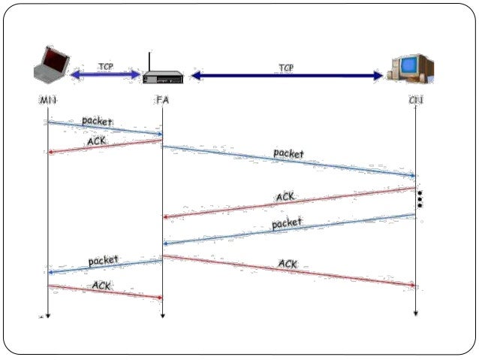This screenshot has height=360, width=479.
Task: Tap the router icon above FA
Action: [x=162, y=75]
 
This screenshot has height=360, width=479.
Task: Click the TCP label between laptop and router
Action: [x=106, y=66]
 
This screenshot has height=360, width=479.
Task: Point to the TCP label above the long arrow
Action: [x=286, y=68]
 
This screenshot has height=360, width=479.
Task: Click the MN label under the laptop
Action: [x=47, y=100]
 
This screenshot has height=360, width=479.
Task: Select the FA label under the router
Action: [x=162, y=100]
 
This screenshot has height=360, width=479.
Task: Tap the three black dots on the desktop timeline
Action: [x=420, y=199]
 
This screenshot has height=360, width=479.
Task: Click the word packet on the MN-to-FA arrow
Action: [x=97, y=120]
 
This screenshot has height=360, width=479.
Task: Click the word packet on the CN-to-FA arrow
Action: [x=286, y=223]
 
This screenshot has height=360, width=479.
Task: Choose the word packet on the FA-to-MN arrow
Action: [x=104, y=260]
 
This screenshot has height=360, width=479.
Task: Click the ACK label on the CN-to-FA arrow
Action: [x=285, y=197]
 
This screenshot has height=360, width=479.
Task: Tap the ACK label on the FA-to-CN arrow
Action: [x=288, y=264]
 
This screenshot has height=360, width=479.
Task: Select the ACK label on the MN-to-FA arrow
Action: [x=102, y=286]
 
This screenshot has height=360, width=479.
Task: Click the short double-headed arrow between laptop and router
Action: [x=106, y=75]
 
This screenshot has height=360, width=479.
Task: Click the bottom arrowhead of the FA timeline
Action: [x=162, y=316]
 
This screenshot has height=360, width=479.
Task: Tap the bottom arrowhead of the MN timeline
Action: [x=47, y=316]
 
